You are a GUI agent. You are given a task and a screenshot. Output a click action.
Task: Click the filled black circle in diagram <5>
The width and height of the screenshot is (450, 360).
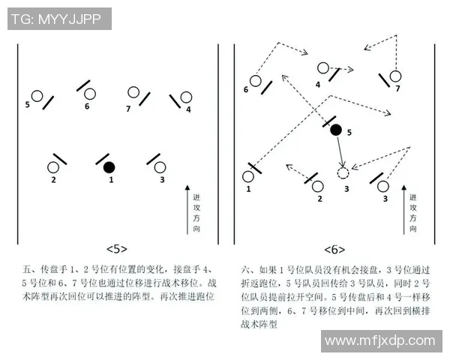109,166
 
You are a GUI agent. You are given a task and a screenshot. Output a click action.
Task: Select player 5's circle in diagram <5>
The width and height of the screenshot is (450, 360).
37,97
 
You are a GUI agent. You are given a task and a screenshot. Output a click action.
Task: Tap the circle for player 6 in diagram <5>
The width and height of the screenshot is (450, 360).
90,94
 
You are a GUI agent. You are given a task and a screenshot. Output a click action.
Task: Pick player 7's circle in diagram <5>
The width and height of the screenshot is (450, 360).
133,93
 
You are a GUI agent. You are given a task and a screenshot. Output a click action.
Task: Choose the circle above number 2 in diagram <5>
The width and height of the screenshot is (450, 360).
54,167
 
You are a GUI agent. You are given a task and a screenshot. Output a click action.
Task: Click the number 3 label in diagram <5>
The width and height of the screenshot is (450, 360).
163,180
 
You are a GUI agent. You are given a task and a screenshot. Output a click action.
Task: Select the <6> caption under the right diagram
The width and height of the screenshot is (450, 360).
334,249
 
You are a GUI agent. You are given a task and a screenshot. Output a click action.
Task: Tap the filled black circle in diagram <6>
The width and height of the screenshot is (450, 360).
336,130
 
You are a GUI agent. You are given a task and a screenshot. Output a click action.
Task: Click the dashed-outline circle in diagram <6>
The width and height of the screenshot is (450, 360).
343,173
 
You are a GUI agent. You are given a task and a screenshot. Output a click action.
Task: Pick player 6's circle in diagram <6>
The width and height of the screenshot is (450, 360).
256,80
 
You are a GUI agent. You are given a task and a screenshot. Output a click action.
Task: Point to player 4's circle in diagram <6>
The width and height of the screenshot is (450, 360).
323,67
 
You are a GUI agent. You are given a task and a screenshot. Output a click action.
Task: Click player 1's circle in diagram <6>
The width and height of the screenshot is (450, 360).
248,177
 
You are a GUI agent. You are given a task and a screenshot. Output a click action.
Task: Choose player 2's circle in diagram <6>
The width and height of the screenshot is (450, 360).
318,185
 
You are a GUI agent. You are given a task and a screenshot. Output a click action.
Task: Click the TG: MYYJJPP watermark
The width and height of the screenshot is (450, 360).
58,19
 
